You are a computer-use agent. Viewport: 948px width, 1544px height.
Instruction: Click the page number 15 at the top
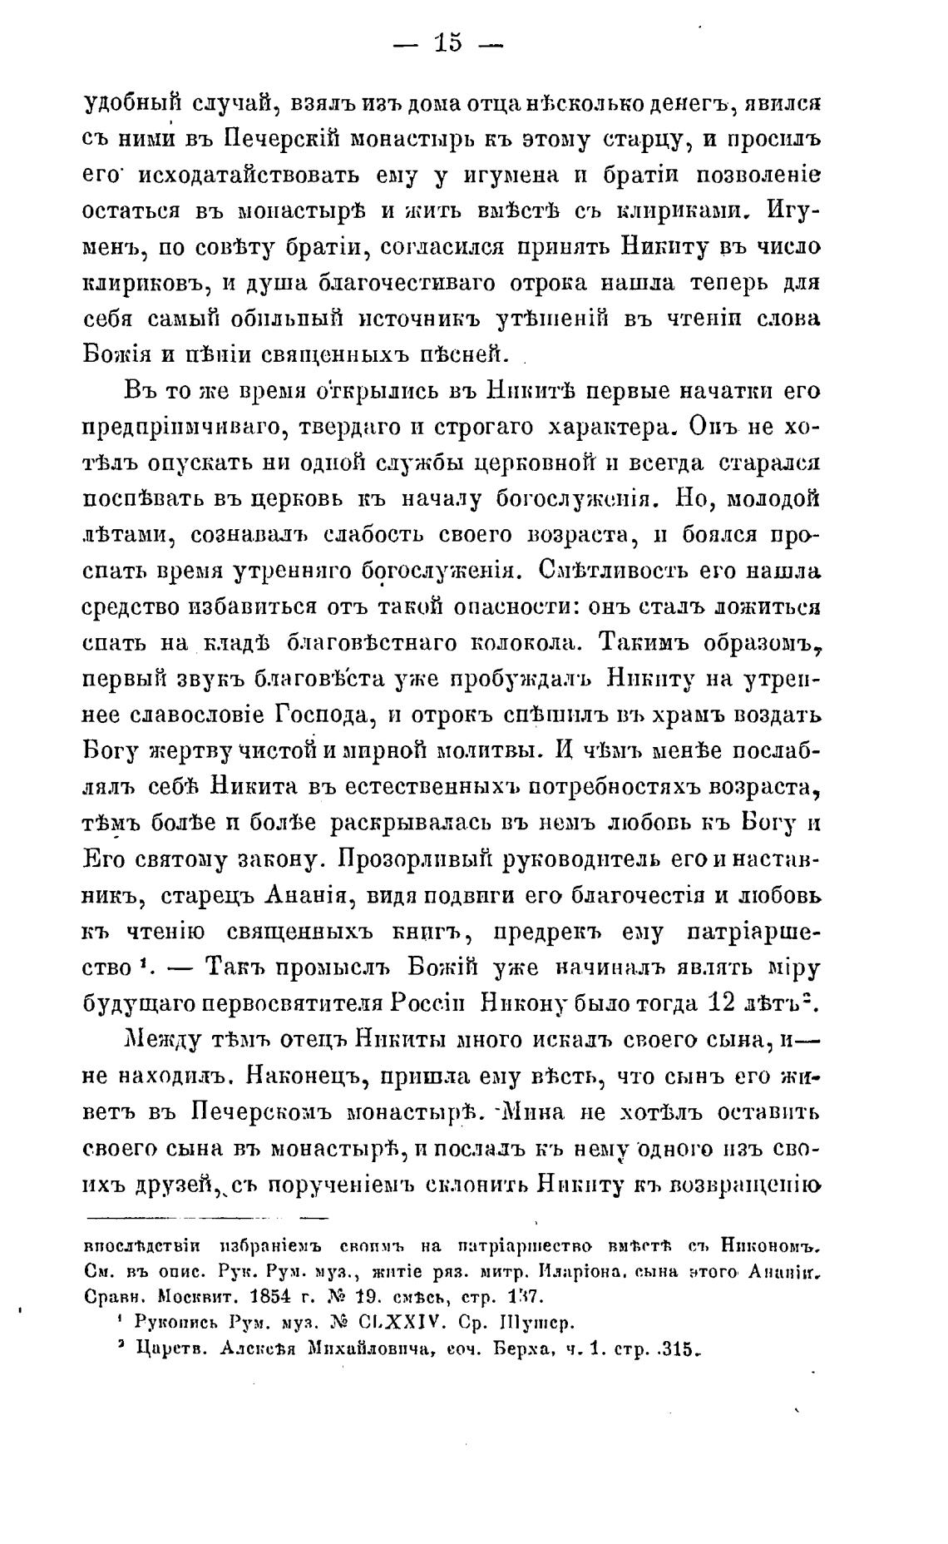coord(447,42)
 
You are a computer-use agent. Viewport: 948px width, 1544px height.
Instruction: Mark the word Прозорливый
coord(417,859)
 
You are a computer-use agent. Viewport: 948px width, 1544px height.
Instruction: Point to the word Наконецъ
coord(303,1076)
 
